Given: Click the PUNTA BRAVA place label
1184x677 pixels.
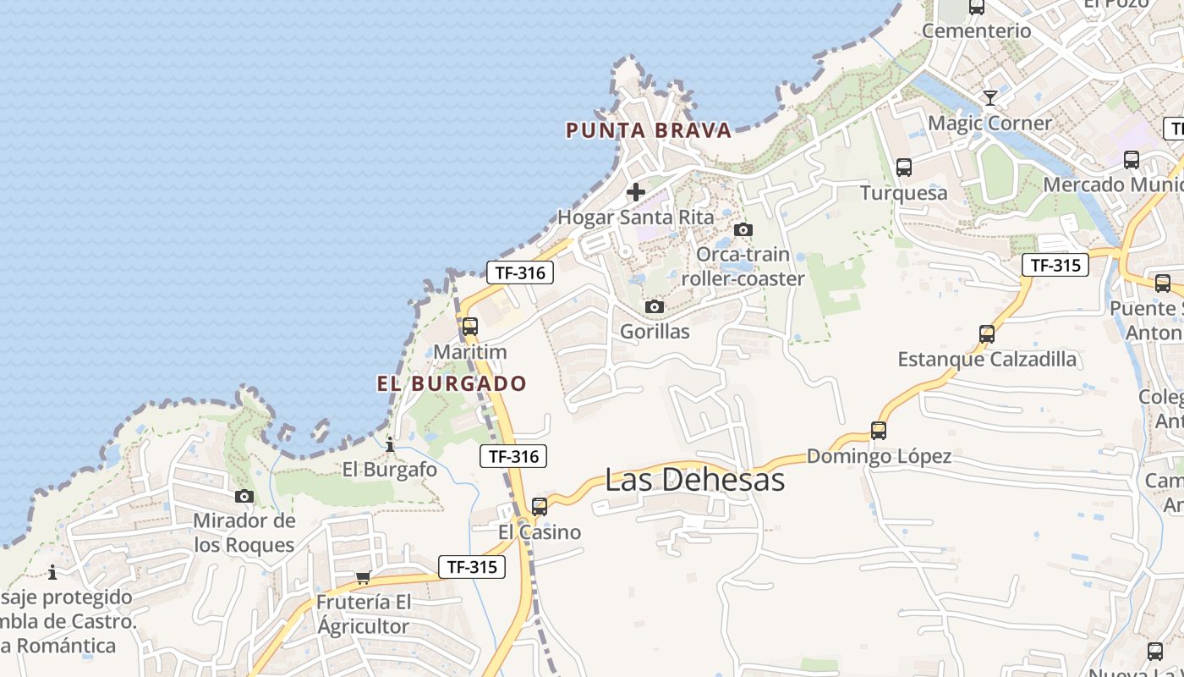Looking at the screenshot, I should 648,130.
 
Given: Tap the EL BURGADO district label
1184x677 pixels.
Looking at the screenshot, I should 452,383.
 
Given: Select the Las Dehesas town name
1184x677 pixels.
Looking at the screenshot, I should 694,480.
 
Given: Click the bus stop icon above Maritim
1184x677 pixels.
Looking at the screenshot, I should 470,326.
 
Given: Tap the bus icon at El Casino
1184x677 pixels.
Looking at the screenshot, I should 540,507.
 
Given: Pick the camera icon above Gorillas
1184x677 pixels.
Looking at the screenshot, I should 655,306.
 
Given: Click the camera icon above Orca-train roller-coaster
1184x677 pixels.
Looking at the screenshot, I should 743,229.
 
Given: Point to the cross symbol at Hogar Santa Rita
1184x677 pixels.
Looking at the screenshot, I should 636,192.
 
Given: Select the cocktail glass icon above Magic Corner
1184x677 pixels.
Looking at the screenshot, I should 989,98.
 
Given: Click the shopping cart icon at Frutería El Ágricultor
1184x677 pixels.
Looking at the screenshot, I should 364,577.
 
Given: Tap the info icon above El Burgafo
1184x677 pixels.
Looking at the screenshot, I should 390,444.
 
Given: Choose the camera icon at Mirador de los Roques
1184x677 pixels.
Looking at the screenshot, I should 244,496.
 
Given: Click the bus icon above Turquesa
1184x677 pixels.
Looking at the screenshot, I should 904,168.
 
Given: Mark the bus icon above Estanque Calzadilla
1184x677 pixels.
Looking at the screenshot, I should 987,334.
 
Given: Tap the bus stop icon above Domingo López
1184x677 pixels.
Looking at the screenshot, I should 879,431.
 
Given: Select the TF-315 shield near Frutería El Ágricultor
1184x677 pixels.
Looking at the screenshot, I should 472,567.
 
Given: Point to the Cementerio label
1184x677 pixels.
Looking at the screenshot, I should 977,31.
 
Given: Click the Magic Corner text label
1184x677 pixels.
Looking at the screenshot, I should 989,123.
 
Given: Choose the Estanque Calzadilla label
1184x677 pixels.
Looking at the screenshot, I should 987,360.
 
